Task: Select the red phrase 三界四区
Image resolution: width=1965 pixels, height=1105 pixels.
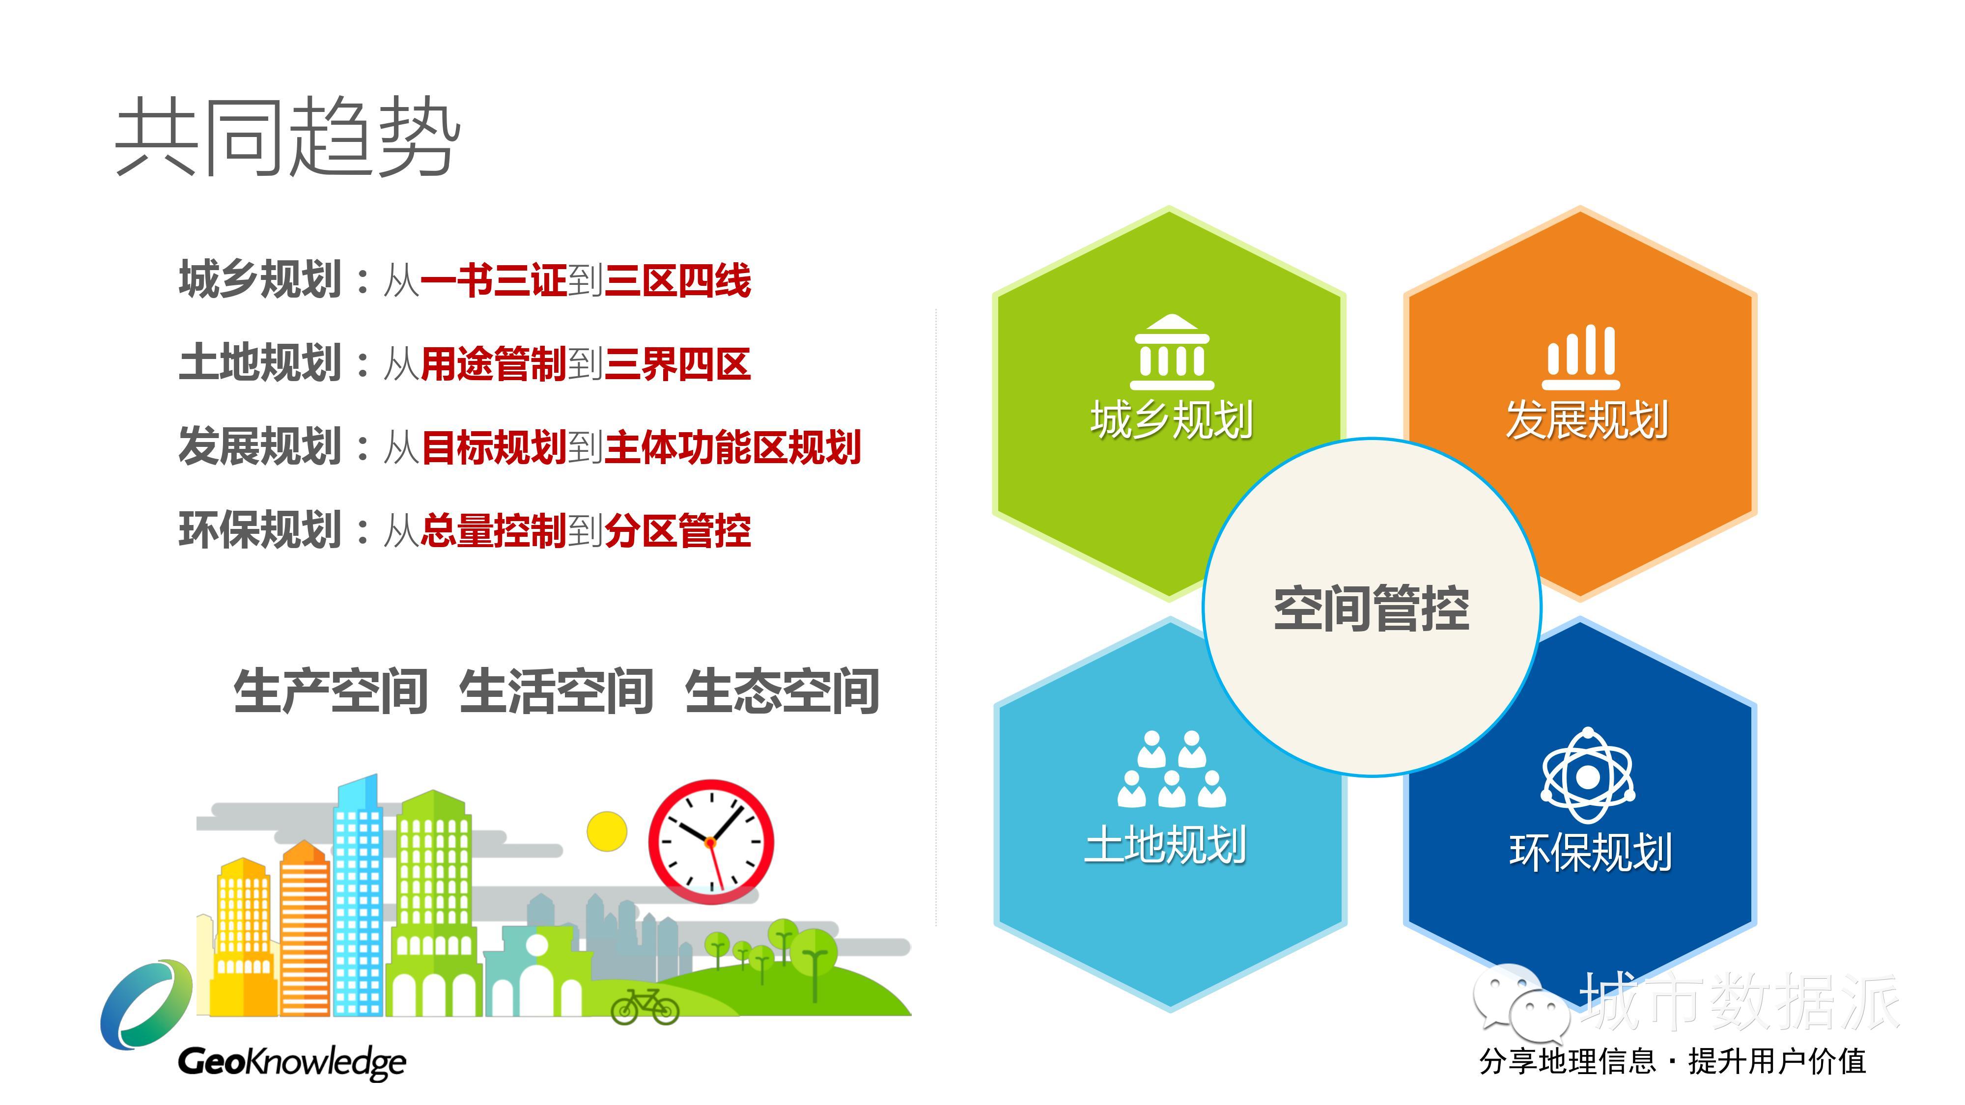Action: (x=678, y=364)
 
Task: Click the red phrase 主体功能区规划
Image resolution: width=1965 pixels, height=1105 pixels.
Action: (x=733, y=447)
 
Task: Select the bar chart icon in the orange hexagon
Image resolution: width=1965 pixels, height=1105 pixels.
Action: (x=1581, y=357)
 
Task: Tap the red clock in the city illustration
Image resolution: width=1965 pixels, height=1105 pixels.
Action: (x=711, y=842)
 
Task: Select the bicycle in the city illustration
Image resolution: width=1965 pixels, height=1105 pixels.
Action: (x=646, y=1007)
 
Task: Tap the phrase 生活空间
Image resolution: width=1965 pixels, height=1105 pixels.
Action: (x=556, y=691)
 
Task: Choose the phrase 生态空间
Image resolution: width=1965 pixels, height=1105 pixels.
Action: (x=783, y=691)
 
